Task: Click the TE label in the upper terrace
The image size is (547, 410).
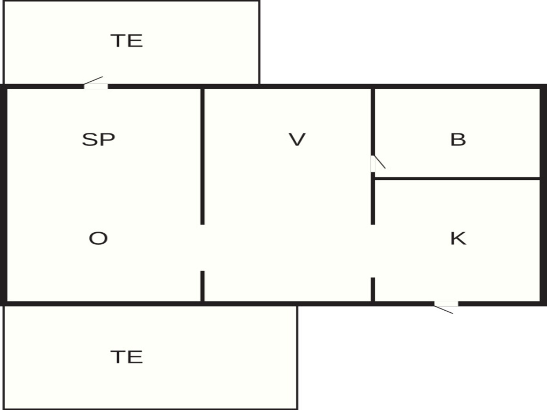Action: (127, 40)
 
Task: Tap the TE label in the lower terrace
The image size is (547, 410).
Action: (127, 357)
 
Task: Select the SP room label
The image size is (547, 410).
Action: (99, 140)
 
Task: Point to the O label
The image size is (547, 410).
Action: (98, 238)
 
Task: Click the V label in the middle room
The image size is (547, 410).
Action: (297, 140)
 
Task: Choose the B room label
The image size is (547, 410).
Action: (458, 140)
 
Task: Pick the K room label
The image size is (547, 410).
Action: (458, 238)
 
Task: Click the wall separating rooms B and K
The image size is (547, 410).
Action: (457, 179)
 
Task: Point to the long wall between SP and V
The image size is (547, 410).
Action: (202, 157)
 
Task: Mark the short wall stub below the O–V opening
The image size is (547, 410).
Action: (202, 286)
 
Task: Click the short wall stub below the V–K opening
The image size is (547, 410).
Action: (373, 289)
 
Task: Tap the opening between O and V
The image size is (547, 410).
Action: (202, 248)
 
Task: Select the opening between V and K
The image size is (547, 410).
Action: (373, 251)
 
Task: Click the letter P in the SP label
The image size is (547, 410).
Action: (109, 140)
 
